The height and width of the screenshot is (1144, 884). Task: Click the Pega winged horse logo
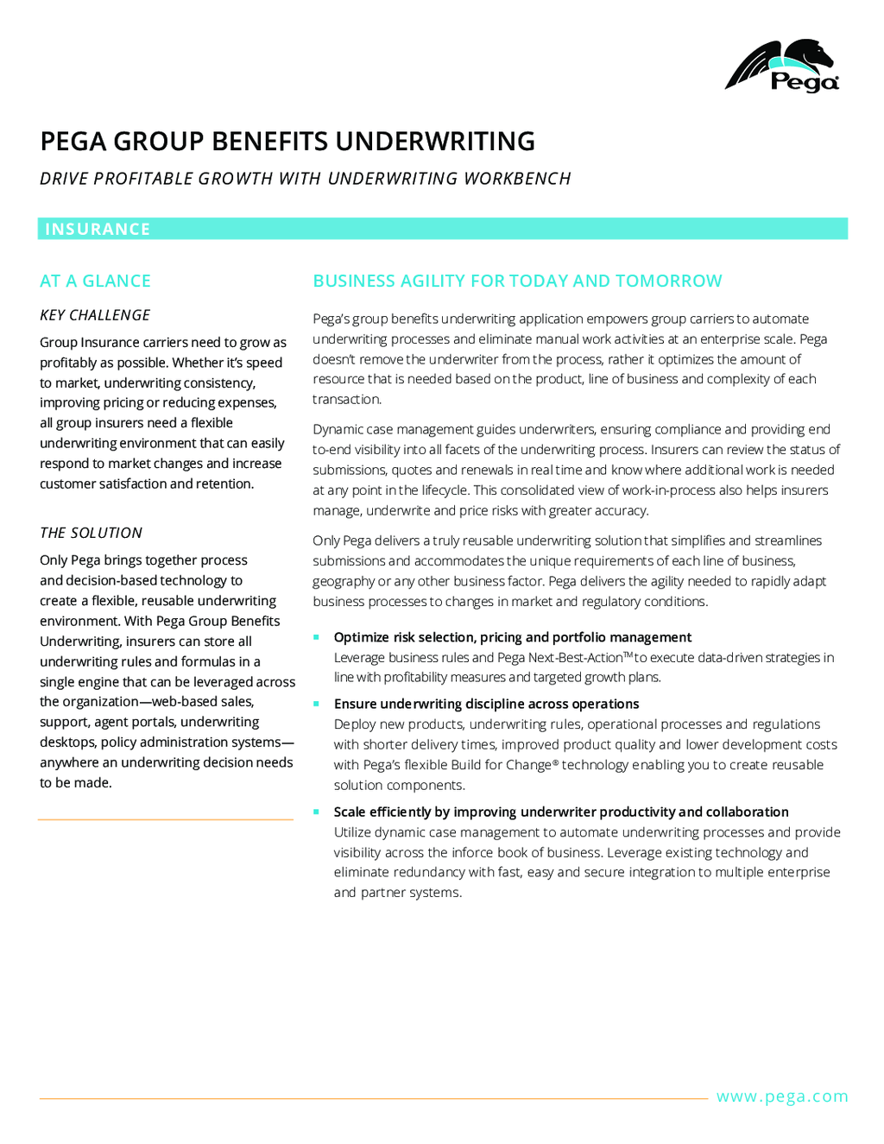[x=781, y=65]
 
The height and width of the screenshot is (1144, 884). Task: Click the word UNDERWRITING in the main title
[x=435, y=141]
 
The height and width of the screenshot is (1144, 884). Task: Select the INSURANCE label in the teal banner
[x=98, y=229]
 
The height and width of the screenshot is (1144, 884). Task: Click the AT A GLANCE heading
[x=95, y=281]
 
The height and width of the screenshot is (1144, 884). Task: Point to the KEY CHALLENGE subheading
[x=95, y=315]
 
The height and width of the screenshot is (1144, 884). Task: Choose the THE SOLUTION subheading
[x=91, y=533]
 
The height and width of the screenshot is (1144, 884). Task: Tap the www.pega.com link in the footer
[x=782, y=1097]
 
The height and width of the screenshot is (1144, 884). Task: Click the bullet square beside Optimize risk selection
[x=316, y=637]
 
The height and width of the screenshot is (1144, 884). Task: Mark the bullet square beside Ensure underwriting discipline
[x=316, y=704]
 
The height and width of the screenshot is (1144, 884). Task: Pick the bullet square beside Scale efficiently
[x=316, y=812]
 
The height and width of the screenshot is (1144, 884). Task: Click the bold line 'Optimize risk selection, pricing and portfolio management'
[x=512, y=637]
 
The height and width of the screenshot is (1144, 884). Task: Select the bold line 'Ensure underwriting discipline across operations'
[x=486, y=704]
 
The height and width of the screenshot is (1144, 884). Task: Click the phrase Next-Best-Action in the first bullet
[x=575, y=658]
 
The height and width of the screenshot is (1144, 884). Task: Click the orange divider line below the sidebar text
[x=166, y=819]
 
